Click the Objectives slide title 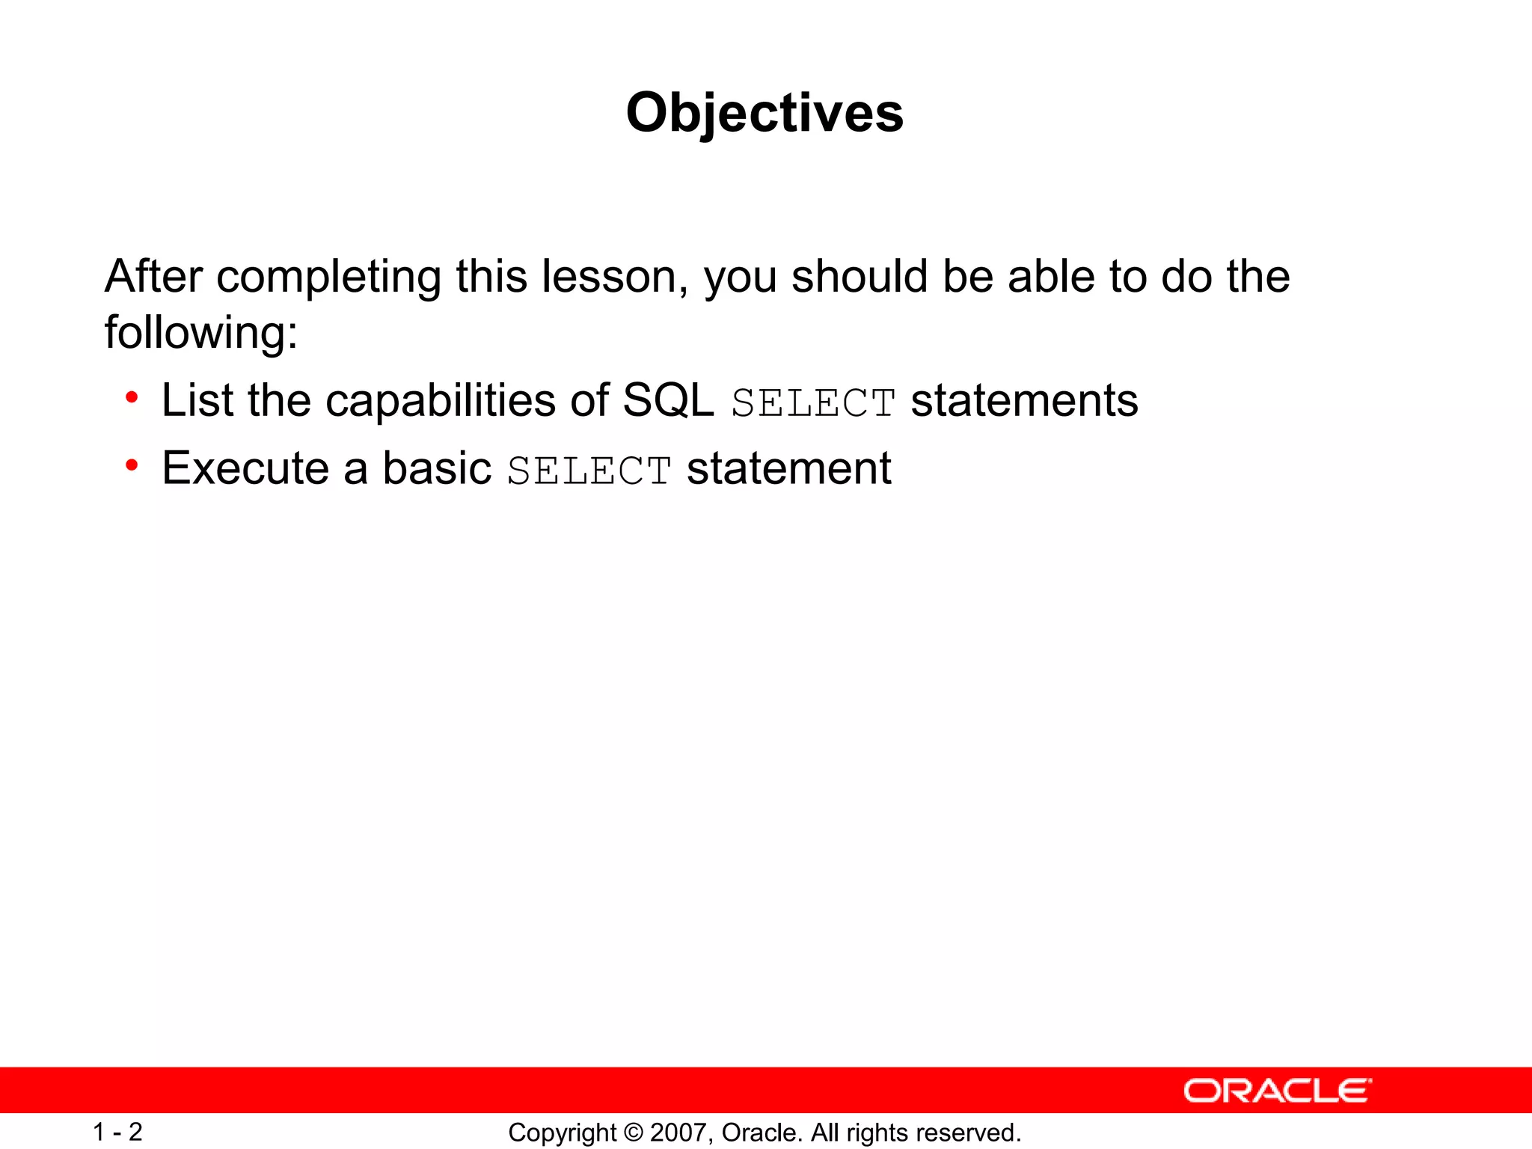(765, 113)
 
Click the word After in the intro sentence (153, 276)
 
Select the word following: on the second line (200, 333)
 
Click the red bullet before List (132, 397)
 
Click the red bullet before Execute (132, 465)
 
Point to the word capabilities (441, 401)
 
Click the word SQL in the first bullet (668, 400)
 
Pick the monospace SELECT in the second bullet (589, 471)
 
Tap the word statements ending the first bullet (1024, 400)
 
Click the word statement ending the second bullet (788, 468)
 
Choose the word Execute (245, 468)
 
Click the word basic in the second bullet (437, 468)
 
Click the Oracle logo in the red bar (1277, 1091)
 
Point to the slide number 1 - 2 (117, 1132)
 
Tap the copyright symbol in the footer (633, 1133)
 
